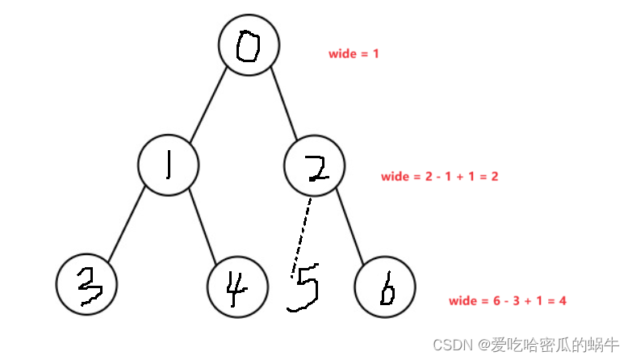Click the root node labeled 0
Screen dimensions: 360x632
click(249, 45)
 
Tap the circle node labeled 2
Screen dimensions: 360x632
click(315, 165)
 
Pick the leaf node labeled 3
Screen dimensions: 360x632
click(87, 285)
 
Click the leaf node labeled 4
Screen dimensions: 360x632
click(236, 288)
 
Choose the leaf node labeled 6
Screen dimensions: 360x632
click(385, 288)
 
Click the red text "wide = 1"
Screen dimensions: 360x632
click(354, 54)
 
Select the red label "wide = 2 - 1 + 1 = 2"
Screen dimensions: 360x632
click(440, 176)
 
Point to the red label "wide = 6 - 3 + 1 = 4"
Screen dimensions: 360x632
click(508, 301)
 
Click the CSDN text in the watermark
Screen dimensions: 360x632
click(453, 345)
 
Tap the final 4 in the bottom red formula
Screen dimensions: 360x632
click(563, 301)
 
